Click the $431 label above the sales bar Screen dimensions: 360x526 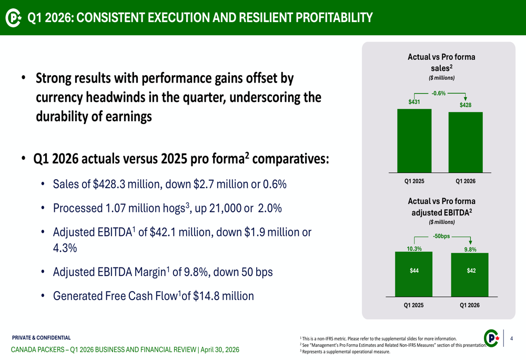[x=414, y=102]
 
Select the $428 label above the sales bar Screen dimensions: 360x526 [x=465, y=105]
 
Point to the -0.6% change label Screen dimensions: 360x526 [x=438, y=94]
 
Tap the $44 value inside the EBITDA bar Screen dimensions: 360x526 [x=414, y=271]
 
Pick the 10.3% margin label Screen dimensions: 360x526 [x=414, y=249]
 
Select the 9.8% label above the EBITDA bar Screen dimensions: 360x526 [x=470, y=250]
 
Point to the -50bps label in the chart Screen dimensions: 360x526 [x=441, y=236]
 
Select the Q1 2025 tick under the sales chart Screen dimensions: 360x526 [x=414, y=181]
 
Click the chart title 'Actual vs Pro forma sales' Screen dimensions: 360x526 [x=441, y=62]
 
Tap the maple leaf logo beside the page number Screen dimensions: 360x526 [x=491, y=339]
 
